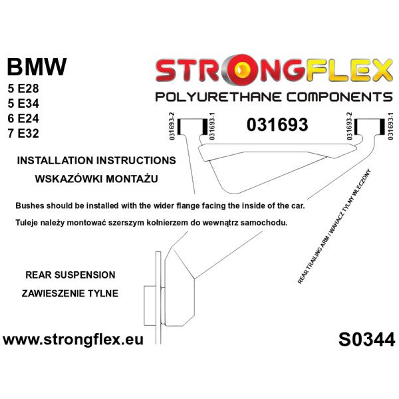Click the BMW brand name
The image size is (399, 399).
coord(37,67)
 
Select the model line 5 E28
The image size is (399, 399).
coord(23,88)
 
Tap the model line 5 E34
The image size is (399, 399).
coord(23,104)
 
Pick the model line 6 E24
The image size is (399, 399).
coord(23,118)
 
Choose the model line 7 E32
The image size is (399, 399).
coord(23,134)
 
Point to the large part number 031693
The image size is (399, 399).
coord(277,125)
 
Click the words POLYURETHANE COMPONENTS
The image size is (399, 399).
coord(274,97)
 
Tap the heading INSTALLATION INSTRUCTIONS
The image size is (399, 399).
coord(96,160)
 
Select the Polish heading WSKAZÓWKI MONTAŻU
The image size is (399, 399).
coord(96,179)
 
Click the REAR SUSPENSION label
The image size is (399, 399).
coord(70,275)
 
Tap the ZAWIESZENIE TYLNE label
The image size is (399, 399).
coord(70,293)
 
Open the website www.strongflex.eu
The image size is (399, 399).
coord(73,340)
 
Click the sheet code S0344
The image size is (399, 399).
coord(366,340)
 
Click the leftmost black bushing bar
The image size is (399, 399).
coord(179,126)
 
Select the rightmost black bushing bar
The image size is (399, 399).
coord(382,126)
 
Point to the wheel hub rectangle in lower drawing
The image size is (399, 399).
coord(150,306)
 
